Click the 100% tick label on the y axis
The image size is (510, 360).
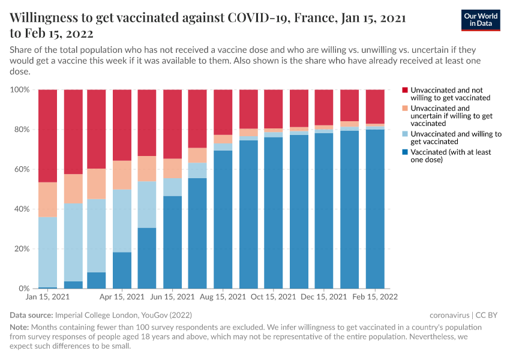coord(20,90)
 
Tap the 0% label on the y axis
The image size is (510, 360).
coord(24,289)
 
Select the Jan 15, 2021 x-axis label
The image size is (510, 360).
coord(47,297)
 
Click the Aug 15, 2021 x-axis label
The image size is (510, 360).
coord(223,297)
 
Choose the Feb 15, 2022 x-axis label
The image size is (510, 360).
coord(375,297)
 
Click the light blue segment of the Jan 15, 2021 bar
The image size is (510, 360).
coord(47,252)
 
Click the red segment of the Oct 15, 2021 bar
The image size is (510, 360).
coord(273,109)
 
